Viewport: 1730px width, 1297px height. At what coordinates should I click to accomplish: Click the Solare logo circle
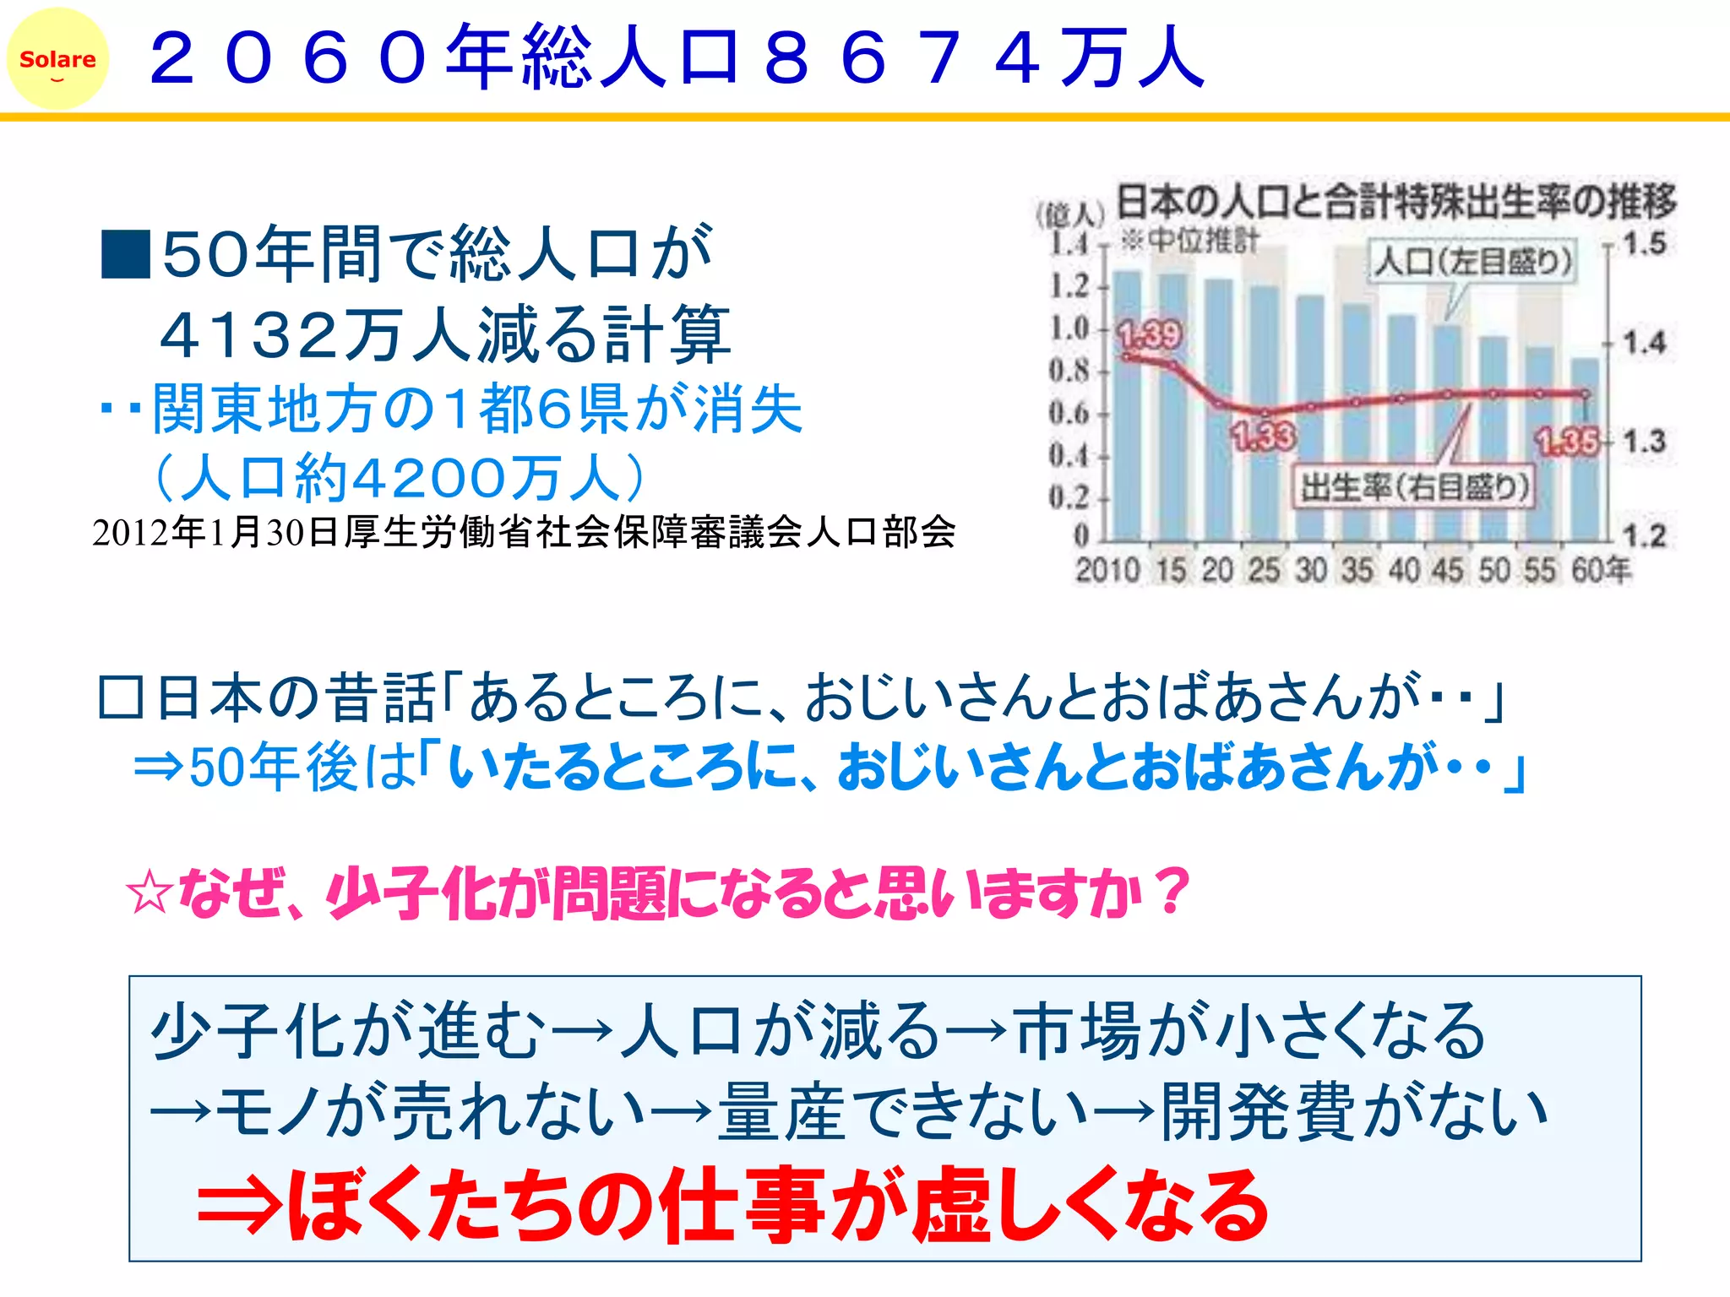(x=57, y=59)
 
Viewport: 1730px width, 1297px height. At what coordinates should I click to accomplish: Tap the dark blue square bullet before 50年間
(x=125, y=254)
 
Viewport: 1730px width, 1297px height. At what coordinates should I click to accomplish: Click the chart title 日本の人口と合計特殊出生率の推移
(x=1395, y=203)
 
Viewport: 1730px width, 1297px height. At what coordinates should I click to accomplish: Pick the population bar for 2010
(x=1127, y=405)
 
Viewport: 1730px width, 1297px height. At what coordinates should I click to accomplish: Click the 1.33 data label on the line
(x=1263, y=436)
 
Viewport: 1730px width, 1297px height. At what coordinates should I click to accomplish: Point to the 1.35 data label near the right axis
(x=1568, y=442)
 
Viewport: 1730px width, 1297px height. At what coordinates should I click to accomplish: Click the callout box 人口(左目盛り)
(x=1472, y=262)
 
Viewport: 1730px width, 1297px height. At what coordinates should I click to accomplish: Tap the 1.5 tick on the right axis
(x=1644, y=244)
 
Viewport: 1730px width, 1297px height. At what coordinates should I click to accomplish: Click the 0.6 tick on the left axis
(x=1069, y=413)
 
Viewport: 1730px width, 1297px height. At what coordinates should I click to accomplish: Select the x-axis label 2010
(x=1107, y=571)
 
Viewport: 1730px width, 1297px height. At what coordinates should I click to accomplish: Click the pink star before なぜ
(x=150, y=893)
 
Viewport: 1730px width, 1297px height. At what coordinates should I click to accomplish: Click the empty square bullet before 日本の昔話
(x=120, y=697)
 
